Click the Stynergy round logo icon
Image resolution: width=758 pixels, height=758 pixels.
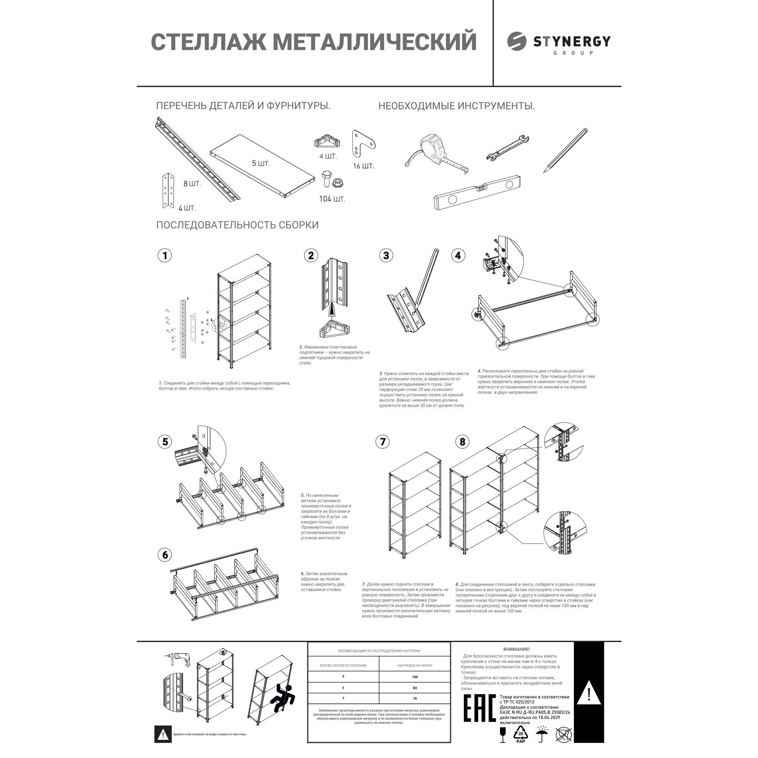pos(517,42)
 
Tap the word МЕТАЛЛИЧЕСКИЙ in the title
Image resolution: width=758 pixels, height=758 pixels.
pos(374,42)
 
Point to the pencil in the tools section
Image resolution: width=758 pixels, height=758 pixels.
pos(566,150)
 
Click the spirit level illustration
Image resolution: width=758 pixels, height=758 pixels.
pos(477,193)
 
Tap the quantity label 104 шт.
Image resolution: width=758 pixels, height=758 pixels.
pos(332,199)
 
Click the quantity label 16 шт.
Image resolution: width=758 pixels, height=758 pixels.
pos(363,166)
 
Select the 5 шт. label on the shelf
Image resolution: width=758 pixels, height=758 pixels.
pos(261,164)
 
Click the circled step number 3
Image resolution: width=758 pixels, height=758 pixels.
pos(386,256)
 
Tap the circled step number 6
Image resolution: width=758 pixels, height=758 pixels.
pos(165,555)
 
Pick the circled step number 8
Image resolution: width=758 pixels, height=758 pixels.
pos(462,442)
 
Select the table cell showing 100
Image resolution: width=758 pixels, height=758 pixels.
pos(415,677)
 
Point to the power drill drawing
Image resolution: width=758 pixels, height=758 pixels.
pos(180,660)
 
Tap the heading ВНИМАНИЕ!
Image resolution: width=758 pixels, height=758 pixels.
pos(516,649)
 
